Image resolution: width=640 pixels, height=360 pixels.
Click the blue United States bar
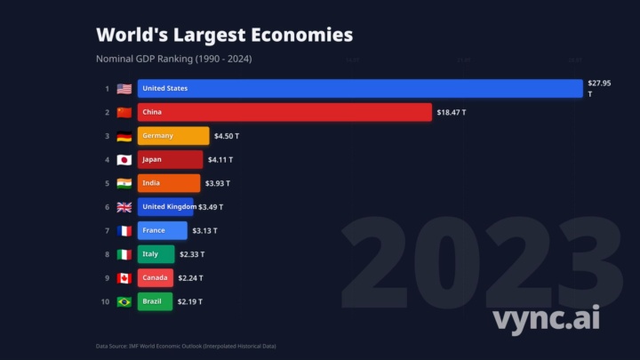point(360,88)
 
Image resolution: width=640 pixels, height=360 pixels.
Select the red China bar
point(284,112)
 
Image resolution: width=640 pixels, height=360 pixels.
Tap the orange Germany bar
point(173,136)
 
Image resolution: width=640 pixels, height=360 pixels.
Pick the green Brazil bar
point(156,301)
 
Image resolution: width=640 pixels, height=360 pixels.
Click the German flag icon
point(124,136)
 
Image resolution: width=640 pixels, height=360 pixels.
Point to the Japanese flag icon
point(124,160)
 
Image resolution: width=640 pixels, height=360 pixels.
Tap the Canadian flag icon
point(124,277)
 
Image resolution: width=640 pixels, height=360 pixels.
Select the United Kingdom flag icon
point(124,207)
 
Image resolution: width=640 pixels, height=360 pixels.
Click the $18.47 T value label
point(452,112)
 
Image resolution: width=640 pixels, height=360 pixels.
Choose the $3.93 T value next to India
point(217,183)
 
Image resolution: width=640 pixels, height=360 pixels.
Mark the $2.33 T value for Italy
point(192,254)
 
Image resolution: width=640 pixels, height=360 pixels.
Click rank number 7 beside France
point(107,230)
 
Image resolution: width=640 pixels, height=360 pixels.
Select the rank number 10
point(105,301)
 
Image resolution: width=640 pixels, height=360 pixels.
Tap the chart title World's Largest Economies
point(224,35)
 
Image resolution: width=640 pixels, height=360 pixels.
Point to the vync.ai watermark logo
point(546,317)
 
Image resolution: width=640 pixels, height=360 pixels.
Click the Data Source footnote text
point(192,346)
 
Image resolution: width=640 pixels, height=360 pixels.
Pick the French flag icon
point(124,230)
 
